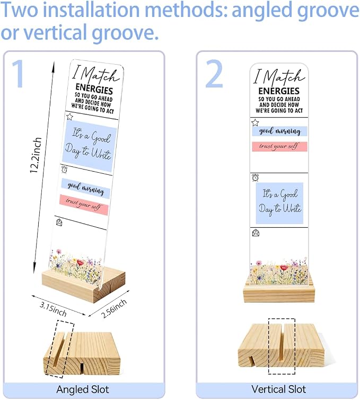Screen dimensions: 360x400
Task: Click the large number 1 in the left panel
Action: pos(19,74)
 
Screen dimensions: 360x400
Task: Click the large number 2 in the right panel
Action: pos(214,74)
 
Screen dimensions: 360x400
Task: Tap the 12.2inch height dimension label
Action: pos(36,155)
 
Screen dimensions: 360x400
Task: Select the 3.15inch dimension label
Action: pos(53,309)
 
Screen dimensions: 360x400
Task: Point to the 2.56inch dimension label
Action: pos(114,308)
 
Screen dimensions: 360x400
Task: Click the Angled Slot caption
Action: pos(83,389)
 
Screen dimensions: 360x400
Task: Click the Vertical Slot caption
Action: pos(278,389)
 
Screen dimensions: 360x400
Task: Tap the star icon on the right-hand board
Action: pos(255,123)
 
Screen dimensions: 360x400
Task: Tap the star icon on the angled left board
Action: pos(69,117)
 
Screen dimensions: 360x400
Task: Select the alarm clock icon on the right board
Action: pos(255,177)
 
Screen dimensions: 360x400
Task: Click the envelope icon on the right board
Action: pos(256,233)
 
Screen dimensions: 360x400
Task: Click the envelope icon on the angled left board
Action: pos(59,222)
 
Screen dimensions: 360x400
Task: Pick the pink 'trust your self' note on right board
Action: pos(279,147)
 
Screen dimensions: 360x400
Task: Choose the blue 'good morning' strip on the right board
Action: pos(279,131)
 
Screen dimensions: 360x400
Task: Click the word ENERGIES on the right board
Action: pos(279,91)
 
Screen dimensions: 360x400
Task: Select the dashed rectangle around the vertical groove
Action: pos(282,346)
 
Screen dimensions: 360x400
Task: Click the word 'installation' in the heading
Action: pos(93,10)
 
